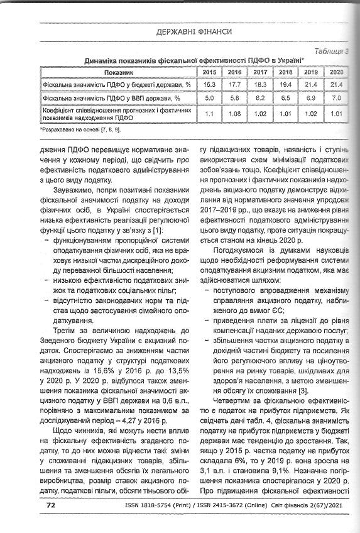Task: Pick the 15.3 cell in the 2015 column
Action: tap(209, 84)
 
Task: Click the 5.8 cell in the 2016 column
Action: tap(235, 99)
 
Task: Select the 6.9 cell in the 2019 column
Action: tap(310, 99)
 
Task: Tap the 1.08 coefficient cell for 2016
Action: tap(235, 114)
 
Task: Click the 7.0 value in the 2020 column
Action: tap(335, 99)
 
